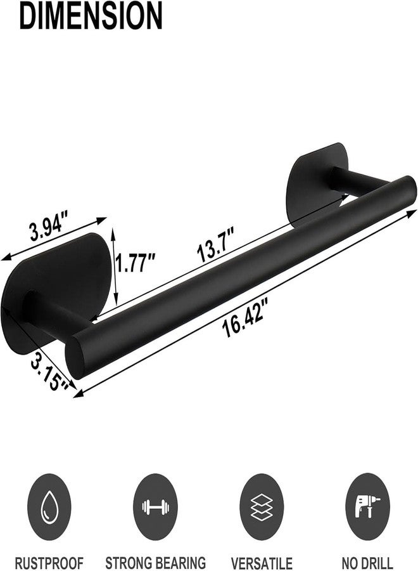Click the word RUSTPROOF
coord(48,562)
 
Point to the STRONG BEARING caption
coord(155,562)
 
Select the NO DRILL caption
coord(369,562)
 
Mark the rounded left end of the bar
coord(81,359)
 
